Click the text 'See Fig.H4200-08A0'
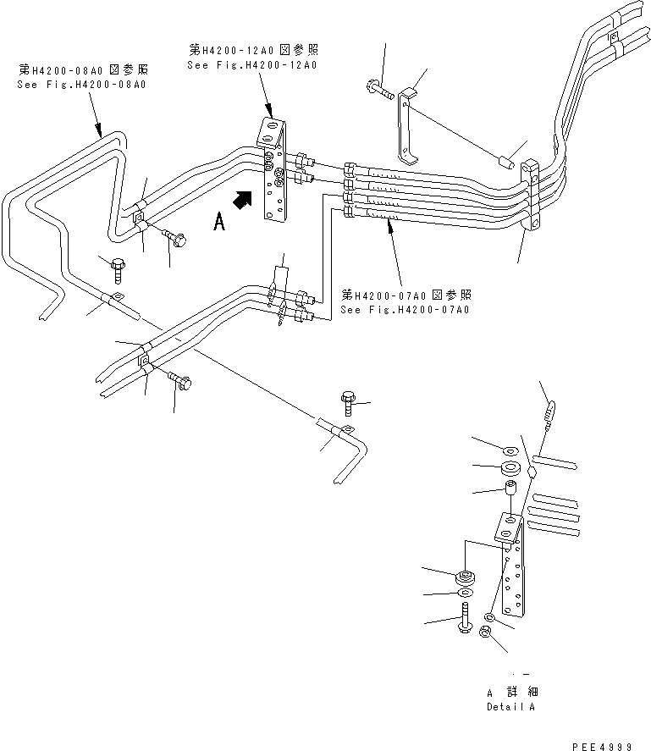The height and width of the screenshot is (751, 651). point(81,85)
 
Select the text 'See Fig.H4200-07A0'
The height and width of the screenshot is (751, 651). point(405,310)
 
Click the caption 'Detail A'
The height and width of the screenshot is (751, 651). point(510,706)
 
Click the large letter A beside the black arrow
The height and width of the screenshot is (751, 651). point(219,223)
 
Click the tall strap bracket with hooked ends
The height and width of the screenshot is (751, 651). point(407,127)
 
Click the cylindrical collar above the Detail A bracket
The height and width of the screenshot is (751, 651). point(510,489)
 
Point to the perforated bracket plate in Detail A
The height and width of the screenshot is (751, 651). point(511,567)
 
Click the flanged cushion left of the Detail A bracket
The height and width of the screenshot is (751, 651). point(464,578)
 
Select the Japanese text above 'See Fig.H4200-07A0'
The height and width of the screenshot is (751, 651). point(405,295)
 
